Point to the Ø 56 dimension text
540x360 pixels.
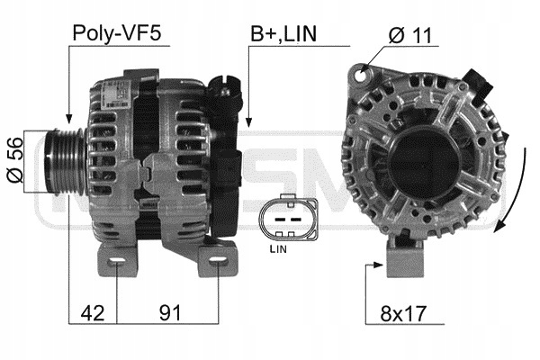pos(15,162)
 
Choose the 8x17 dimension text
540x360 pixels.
pos(402,314)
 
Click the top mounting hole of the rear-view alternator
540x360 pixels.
pos(362,71)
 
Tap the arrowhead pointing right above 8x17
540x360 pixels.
pos(380,265)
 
